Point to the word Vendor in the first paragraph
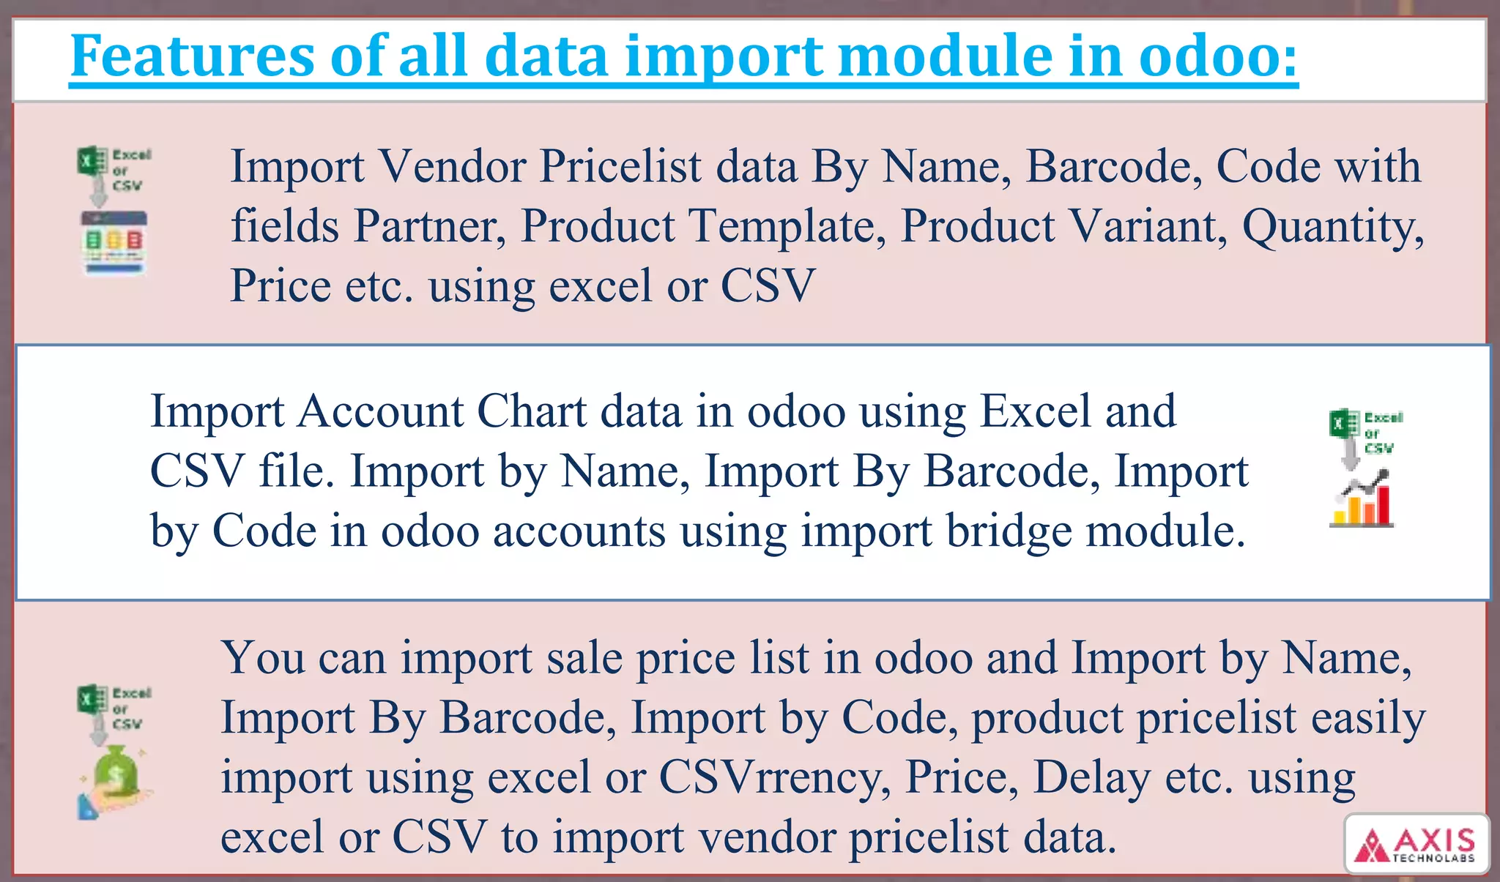452,167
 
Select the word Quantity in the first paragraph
1333,228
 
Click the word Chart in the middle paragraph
532,411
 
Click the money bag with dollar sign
116,771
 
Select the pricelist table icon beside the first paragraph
114,242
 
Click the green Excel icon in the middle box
1343,425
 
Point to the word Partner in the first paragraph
430,226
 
